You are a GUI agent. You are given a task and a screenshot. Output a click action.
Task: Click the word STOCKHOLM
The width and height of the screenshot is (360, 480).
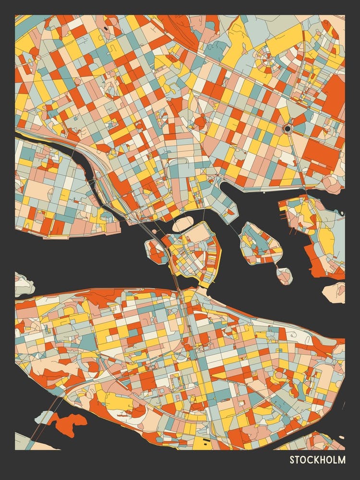317,460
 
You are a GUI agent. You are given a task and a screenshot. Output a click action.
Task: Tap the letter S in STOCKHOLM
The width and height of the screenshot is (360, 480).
292,460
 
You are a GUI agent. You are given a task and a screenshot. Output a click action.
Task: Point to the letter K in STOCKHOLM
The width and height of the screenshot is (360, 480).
315,460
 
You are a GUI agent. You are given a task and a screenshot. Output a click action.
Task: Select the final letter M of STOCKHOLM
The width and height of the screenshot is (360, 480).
341,460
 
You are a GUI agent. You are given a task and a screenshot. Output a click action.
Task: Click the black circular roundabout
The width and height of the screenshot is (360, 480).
288,128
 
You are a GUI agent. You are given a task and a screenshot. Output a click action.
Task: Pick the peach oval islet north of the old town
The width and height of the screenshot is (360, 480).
182,224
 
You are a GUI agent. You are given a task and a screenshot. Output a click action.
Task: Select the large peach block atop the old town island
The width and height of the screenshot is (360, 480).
196,235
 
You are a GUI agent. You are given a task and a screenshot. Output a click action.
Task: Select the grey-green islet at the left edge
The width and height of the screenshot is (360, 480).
23,284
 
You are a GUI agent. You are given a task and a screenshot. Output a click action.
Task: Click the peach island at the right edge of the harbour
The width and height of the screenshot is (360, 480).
335,291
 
